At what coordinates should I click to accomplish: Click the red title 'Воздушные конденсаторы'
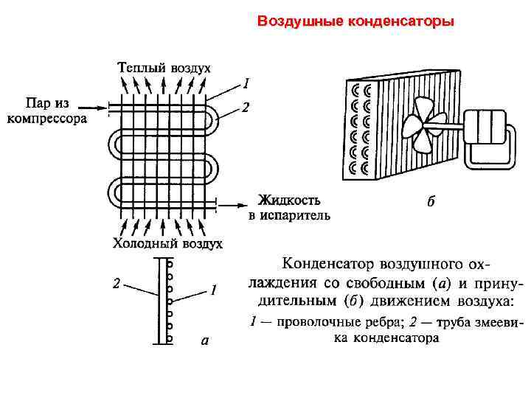(355, 21)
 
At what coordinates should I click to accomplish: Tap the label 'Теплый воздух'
(164, 68)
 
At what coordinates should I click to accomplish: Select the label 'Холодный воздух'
(167, 243)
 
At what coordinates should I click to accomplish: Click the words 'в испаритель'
(289, 215)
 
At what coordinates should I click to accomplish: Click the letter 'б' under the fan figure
(431, 202)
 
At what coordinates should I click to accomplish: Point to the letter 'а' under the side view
(205, 341)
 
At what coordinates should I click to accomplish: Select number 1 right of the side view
(213, 290)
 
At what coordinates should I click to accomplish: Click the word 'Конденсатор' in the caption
(329, 264)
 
